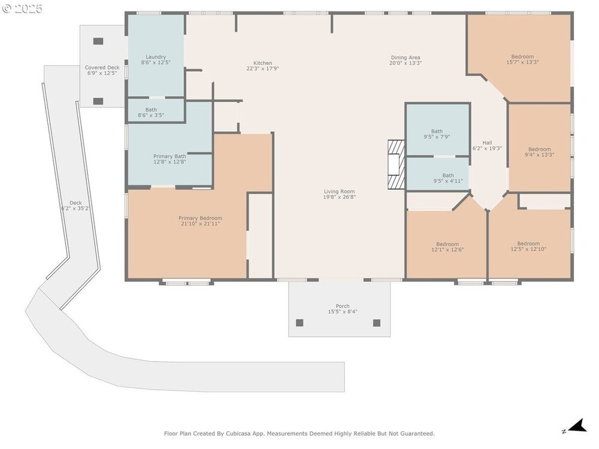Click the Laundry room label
156,57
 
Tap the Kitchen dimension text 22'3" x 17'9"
263,69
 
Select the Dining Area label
406,57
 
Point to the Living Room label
339,192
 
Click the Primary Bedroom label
200,219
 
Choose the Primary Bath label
170,156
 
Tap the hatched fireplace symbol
396,165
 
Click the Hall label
487,143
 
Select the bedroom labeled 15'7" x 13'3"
522,59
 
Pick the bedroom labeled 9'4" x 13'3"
540,152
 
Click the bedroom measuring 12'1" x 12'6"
447,247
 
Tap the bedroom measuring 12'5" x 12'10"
529,246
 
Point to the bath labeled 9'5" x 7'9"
437,134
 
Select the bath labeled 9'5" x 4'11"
448,178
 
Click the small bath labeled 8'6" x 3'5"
151,113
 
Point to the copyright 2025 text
22,8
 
